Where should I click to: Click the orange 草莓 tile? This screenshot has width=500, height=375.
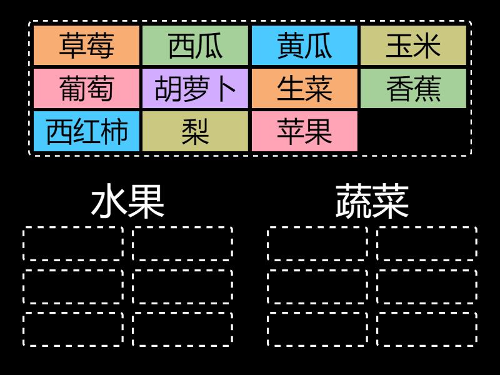pos(86,46)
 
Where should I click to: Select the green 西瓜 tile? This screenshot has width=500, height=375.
pos(196,46)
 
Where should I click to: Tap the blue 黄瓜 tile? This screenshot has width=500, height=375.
pos(304,46)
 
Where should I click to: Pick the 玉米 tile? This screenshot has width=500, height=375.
pos(413,46)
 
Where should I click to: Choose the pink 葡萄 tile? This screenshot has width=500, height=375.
pos(86,89)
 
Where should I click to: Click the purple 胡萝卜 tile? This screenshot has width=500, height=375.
pos(196,89)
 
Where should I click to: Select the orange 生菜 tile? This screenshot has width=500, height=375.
pos(304,89)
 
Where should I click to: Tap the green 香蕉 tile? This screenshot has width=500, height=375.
pos(413,89)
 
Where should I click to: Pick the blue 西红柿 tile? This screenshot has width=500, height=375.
pos(86,131)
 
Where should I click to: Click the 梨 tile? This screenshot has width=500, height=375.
pos(196,131)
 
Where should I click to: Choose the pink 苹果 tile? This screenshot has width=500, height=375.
pos(304,131)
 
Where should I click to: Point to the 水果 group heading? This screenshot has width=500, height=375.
pos(127,202)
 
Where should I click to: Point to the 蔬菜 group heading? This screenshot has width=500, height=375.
pos(372,202)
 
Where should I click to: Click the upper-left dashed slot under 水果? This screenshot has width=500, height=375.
pos(73,244)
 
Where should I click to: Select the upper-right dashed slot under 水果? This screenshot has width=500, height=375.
pos(182,244)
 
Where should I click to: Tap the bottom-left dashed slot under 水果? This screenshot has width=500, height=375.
pos(73,329)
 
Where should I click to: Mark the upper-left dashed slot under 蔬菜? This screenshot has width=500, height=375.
pos(317,244)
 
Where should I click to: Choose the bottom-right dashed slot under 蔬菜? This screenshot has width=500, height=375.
pos(426,329)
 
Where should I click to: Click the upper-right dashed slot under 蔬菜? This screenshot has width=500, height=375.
pos(426,244)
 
